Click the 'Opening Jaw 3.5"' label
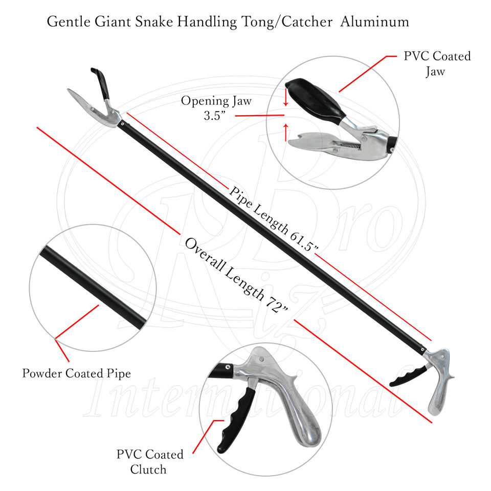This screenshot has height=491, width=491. pyautogui.click(x=216, y=107)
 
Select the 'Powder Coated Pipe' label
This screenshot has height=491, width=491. pyautogui.click(x=76, y=373)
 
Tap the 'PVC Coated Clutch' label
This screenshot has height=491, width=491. pyautogui.click(x=150, y=461)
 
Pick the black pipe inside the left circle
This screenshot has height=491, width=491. pyautogui.click(x=92, y=286)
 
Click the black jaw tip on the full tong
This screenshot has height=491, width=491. pyautogui.click(x=100, y=79)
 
